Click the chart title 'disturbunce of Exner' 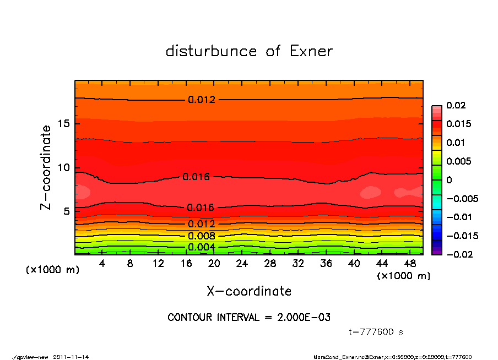[249, 51]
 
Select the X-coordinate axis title [249, 291]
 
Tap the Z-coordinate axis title [46, 167]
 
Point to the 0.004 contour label [201, 247]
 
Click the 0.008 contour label [201, 236]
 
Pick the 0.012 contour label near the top [201, 100]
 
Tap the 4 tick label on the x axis [102, 264]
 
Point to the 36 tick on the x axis [326, 264]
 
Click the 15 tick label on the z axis [63, 124]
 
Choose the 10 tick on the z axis [63, 167]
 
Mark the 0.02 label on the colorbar [456, 105]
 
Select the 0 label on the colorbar [449, 180]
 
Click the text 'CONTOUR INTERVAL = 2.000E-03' [249, 318]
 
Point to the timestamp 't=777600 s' [376, 332]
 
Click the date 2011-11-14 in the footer [71, 357]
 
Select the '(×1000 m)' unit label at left [50, 270]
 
